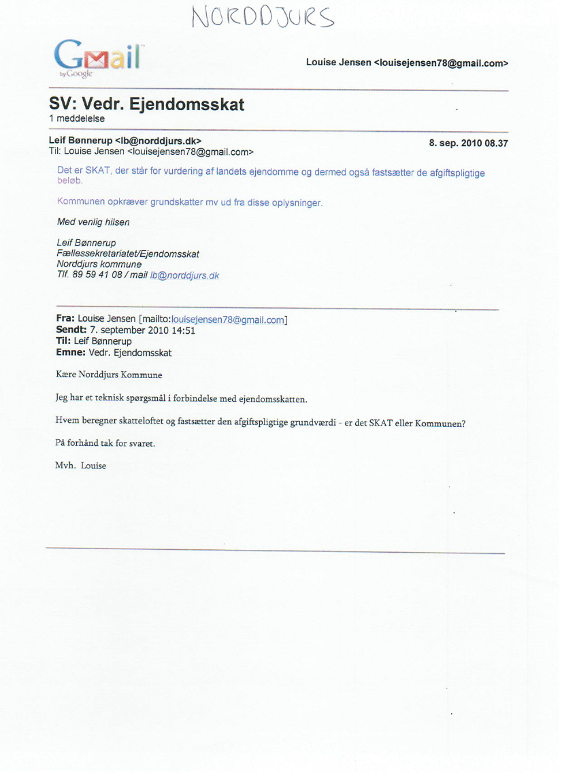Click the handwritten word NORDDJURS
(x=263, y=18)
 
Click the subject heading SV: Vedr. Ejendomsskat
(x=146, y=105)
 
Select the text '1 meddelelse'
(x=76, y=119)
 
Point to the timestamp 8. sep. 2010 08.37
(x=468, y=143)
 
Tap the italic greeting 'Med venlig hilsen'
(x=93, y=222)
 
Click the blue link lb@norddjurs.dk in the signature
(x=184, y=275)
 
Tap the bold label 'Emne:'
(x=70, y=353)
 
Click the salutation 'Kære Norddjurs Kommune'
(x=109, y=375)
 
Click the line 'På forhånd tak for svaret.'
(x=105, y=443)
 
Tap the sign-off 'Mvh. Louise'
(x=81, y=466)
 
